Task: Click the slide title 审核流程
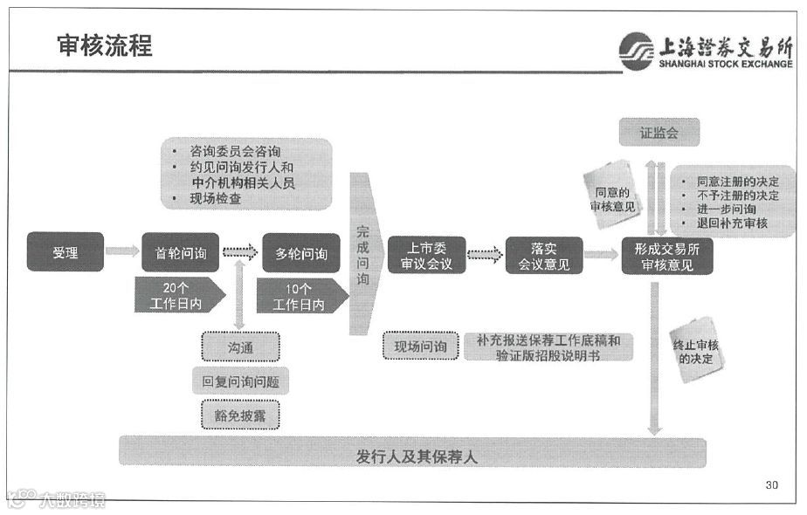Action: pos(104,45)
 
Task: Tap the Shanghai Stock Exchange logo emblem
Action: pos(635,50)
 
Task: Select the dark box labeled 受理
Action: pos(65,253)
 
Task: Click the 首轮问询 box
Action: pos(180,253)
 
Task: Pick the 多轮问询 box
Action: pos(300,253)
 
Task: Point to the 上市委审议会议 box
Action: pos(426,254)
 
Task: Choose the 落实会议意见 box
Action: pos(543,254)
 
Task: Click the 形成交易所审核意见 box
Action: pos(666,255)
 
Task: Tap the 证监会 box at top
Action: pos(659,133)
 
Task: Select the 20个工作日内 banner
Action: pos(181,295)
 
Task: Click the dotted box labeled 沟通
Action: pos(240,347)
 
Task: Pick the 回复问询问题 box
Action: pos(240,381)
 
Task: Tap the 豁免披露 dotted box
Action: pos(240,416)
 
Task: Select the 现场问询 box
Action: pos(420,347)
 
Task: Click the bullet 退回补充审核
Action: pos(731,223)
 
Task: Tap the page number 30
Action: pos(771,484)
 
